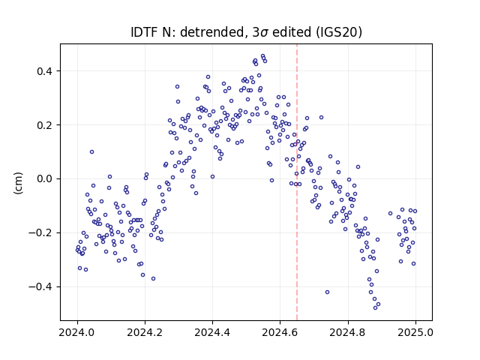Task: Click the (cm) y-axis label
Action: (x=18, y=183)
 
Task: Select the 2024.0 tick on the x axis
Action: (x=77, y=332)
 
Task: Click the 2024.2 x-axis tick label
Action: (x=145, y=332)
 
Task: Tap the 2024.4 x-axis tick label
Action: (x=212, y=332)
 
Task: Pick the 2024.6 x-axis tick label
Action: (x=280, y=332)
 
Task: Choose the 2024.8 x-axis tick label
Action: (x=348, y=332)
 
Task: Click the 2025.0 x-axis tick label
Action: (x=415, y=332)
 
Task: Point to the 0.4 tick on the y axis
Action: (x=45, y=71)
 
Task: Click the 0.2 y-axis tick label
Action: (x=45, y=125)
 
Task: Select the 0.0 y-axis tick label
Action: (x=45, y=179)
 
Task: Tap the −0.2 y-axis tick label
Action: (x=40, y=233)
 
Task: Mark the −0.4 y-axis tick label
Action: (x=40, y=286)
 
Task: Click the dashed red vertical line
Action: (x=297, y=182)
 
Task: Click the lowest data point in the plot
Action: (x=375, y=307)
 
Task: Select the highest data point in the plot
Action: (x=262, y=56)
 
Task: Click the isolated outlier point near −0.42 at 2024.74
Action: (x=327, y=292)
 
